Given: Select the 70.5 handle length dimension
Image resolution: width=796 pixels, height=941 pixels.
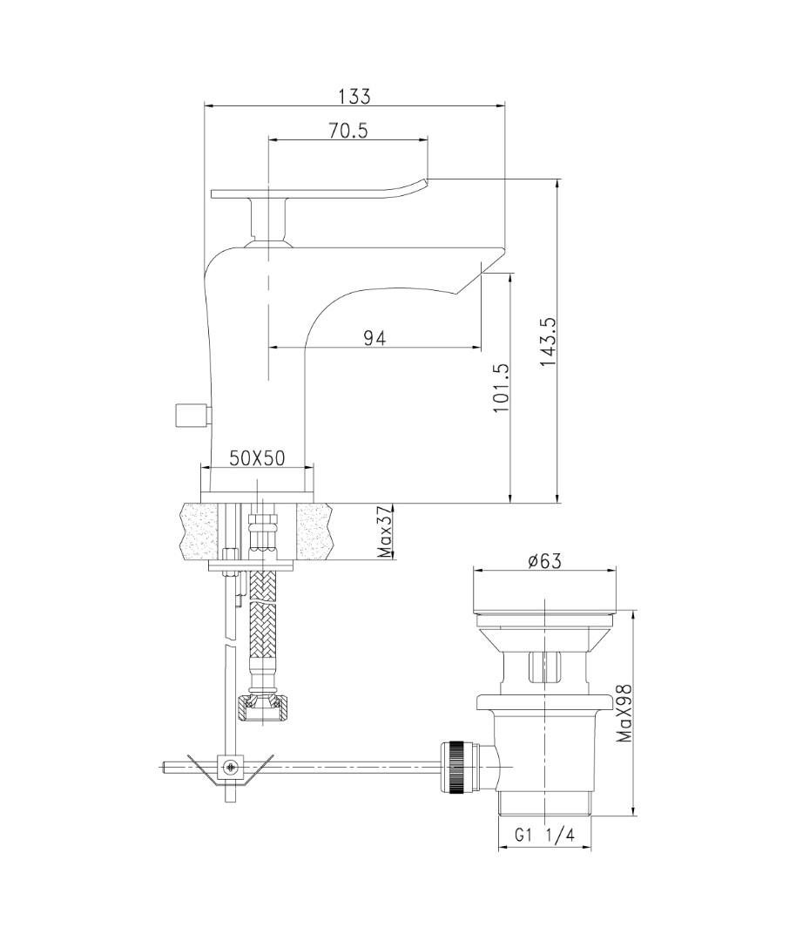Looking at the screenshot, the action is pos(347,131).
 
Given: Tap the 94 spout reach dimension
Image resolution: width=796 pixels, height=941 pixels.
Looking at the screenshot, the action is pos(374,338).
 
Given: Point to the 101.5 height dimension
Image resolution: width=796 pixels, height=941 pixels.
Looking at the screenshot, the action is pos(501,388).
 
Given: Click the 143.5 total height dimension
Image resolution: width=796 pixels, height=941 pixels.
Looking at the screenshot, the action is pos(549,342).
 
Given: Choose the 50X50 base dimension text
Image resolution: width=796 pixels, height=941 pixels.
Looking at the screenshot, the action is pos(257,458).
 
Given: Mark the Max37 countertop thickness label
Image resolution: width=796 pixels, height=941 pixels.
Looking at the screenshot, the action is pos(385,531).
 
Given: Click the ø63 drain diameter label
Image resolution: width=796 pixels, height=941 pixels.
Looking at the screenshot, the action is pos(544,560).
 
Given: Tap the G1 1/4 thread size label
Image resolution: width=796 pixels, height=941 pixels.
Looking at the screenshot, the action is pos(544,835).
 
